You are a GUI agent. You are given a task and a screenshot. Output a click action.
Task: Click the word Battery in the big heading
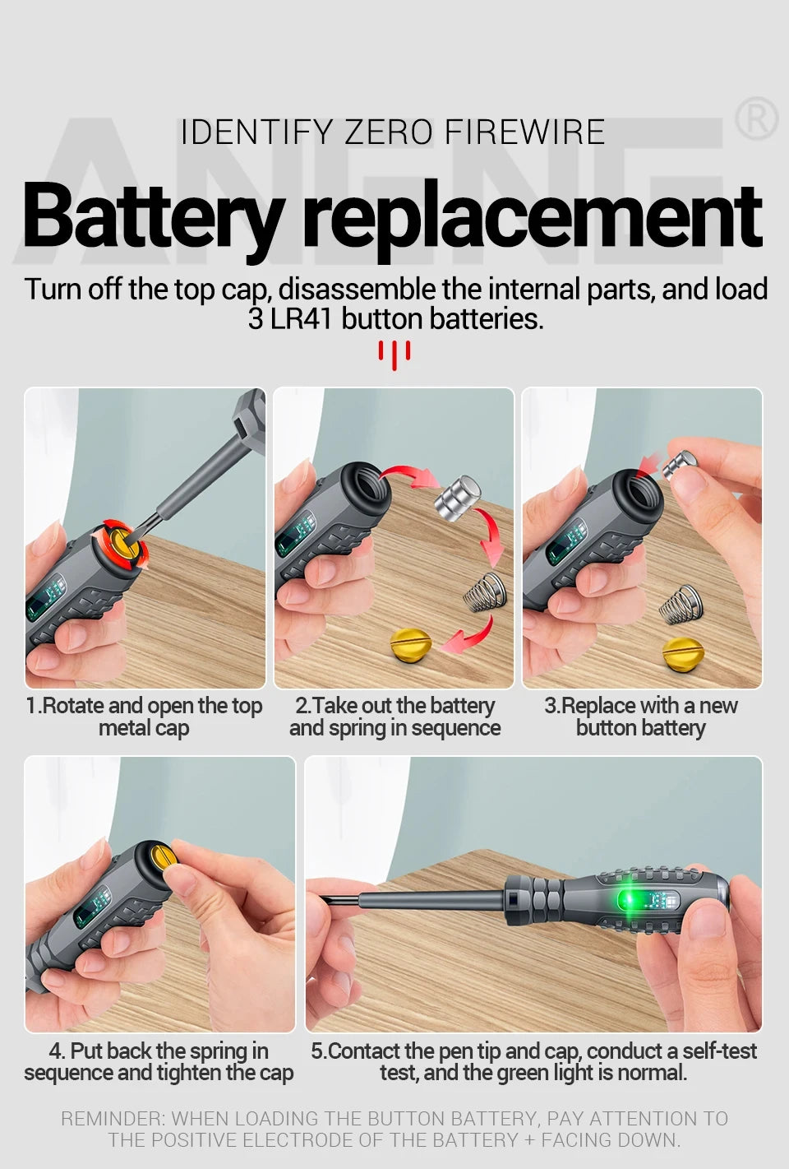click(x=153, y=216)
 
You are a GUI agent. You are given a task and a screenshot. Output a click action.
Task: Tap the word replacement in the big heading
click(x=533, y=216)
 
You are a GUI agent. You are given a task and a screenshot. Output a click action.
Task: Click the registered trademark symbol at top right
click(x=755, y=120)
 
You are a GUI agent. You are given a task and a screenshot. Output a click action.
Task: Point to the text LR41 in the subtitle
click(x=303, y=318)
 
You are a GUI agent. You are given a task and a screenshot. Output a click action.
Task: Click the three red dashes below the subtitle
click(x=394, y=355)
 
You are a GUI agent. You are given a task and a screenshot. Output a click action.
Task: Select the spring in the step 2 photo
click(x=483, y=591)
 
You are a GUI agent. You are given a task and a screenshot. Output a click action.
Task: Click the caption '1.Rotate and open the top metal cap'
click(x=144, y=717)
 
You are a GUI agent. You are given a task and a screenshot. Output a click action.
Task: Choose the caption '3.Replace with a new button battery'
click(x=641, y=717)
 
